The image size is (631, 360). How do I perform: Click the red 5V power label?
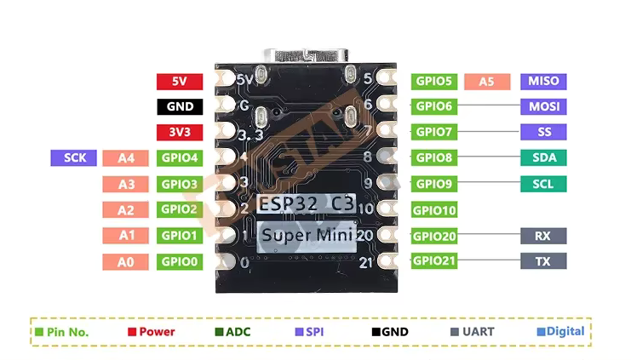[x=180, y=82]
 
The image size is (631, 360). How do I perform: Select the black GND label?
[x=180, y=107]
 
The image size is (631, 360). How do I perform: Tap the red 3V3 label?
[x=180, y=133]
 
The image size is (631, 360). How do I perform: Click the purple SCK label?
[x=73, y=158]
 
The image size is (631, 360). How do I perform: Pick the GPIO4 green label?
[x=180, y=158]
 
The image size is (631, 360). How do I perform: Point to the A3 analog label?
[x=126, y=184]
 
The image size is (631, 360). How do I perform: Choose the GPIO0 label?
[x=180, y=261]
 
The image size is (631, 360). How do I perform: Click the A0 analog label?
[x=126, y=261]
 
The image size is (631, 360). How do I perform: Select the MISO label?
[x=543, y=82]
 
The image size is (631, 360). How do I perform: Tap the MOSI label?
[x=543, y=107]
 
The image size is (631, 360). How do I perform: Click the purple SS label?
[x=543, y=133]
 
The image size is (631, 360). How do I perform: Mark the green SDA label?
[x=543, y=158]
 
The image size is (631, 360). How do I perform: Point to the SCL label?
[x=543, y=184]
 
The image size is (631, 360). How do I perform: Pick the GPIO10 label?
[x=434, y=210]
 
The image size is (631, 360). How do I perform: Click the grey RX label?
[x=543, y=236]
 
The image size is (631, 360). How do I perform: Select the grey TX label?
[x=543, y=261]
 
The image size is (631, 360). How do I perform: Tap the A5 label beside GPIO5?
[x=487, y=82]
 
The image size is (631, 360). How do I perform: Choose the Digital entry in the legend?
[x=560, y=332]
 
